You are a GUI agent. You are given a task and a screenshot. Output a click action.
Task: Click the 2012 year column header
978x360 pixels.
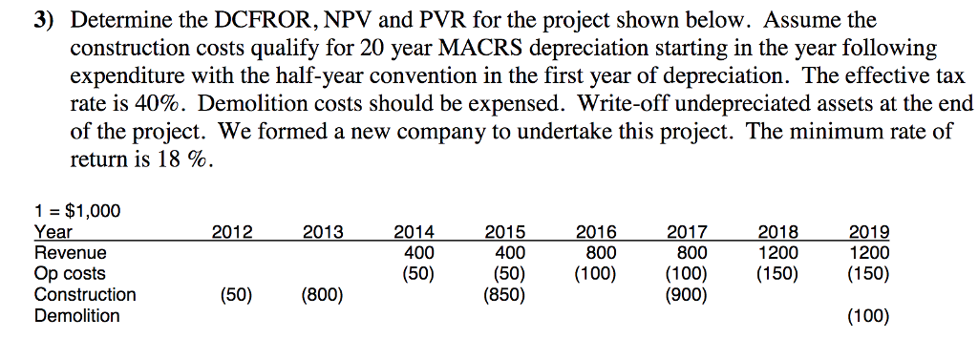click(232, 232)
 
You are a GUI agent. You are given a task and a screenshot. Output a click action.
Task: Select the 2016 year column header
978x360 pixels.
click(597, 232)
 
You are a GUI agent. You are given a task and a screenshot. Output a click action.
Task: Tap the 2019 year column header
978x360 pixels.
click(869, 232)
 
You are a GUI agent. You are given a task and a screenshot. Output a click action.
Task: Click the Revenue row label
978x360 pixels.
click(70, 253)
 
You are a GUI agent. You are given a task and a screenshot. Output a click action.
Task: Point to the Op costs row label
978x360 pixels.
click(70, 274)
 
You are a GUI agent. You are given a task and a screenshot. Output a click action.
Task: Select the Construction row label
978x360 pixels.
click(85, 295)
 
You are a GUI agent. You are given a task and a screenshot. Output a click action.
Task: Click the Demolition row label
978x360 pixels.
click(77, 316)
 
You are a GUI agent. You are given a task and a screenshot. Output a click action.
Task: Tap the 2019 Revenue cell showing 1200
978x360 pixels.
click(869, 253)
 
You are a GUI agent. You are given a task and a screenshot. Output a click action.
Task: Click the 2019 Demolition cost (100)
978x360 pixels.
click(869, 316)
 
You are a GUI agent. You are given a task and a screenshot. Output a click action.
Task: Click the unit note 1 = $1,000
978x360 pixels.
click(77, 211)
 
